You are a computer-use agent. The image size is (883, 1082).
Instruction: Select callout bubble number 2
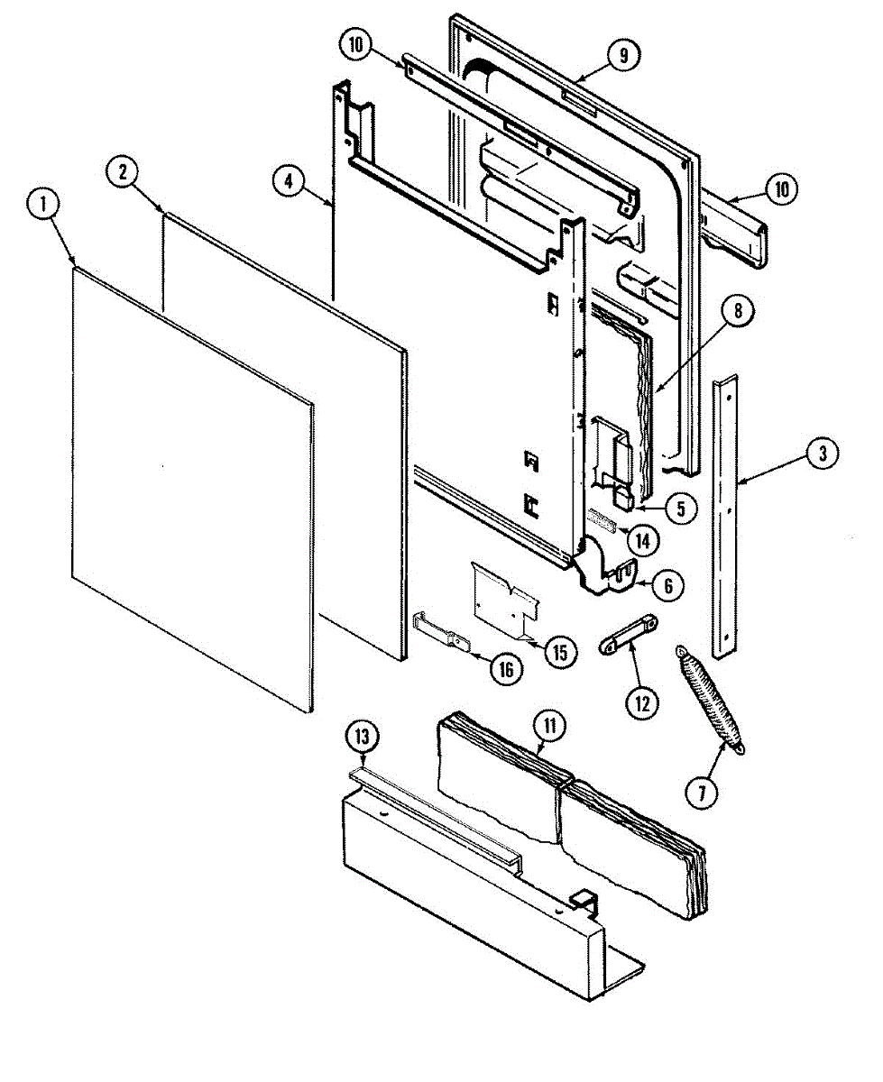coord(121,171)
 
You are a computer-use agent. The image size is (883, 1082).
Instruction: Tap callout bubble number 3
coord(822,455)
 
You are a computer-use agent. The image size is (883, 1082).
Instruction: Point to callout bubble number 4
coord(288,180)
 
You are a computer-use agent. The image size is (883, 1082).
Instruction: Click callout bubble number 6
coord(667,585)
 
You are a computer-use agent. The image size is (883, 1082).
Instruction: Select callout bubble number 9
coord(622,55)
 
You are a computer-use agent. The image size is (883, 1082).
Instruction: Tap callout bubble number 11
coord(547,724)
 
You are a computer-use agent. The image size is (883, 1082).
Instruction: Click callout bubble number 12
coord(642,701)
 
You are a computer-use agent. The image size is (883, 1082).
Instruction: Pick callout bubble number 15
coord(560,652)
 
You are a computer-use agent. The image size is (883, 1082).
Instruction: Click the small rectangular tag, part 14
coord(601,518)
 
